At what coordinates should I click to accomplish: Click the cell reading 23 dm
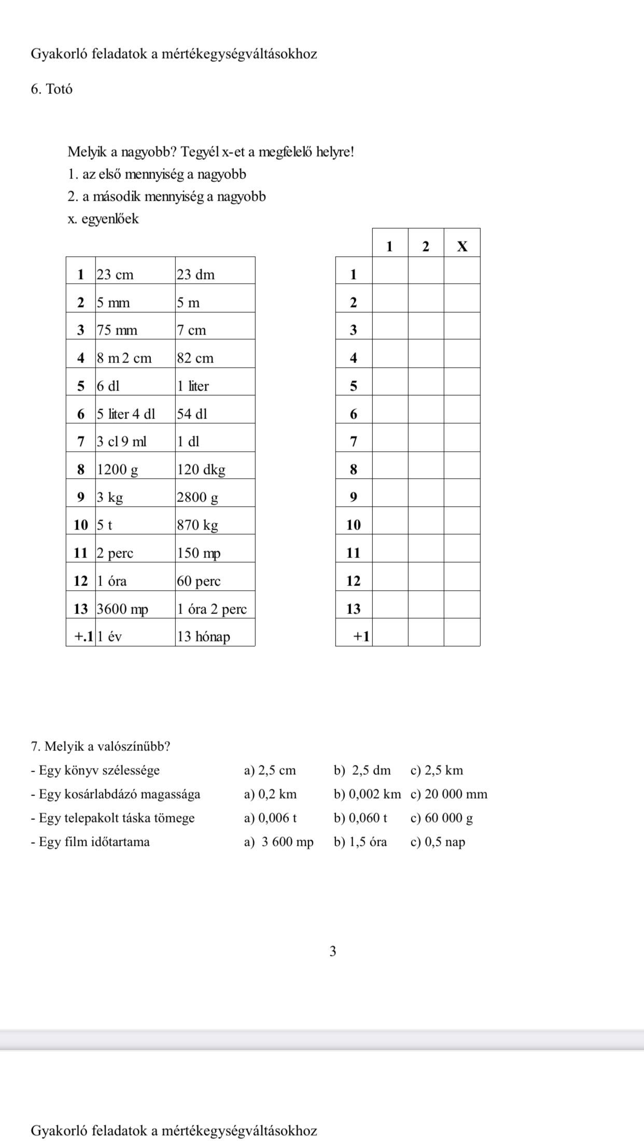tap(215, 274)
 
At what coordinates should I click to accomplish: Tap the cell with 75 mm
tap(135, 330)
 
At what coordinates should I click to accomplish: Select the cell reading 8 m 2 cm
tap(135, 358)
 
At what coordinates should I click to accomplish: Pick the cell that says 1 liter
tap(215, 386)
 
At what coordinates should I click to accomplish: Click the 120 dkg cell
tap(215, 470)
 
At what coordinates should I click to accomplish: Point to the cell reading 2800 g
tap(215, 498)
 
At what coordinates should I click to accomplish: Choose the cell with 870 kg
tap(215, 525)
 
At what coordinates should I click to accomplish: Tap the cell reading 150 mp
tap(215, 553)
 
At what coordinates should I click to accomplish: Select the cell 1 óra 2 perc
tap(215, 609)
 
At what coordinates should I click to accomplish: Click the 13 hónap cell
tap(215, 637)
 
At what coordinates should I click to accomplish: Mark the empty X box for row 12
tap(462, 581)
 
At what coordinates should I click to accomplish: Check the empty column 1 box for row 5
tap(390, 386)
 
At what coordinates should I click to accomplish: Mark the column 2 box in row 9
tap(426, 497)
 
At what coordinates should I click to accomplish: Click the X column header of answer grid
tap(462, 246)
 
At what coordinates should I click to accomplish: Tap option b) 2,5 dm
tap(362, 771)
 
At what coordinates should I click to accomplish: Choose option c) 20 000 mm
tap(449, 794)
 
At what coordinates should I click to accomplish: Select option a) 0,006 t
tap(270, 818)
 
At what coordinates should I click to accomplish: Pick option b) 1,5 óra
tap(360, 842)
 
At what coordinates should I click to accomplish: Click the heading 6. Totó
tap(52, 89)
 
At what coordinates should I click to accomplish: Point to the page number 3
tap(333, 951)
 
